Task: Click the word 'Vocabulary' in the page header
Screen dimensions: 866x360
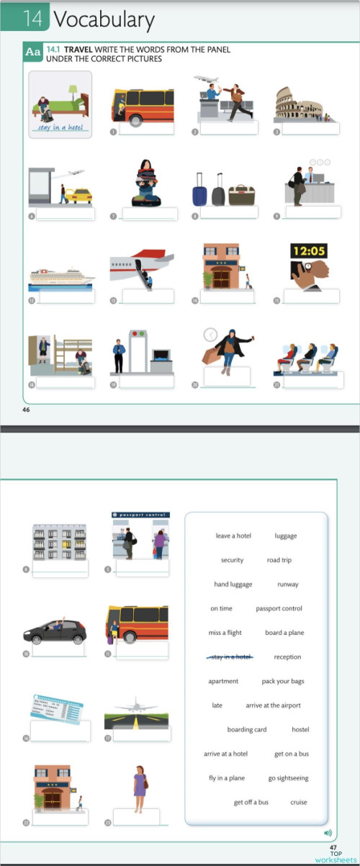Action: pyautogui.click(x=104, y=19)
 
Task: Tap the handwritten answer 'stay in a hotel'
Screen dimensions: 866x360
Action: pyautogui.click(x=60, y=128)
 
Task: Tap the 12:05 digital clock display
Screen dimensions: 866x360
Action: pyautogui.click(x=309, y=251)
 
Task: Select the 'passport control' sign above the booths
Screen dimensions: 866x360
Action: pyautogui.click(x=140, y=515)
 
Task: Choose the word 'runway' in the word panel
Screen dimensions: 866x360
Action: pyautogui.click(x=287, y=585)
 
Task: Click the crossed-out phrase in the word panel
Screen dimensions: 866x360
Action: pyautogui.click(x=228, y=657)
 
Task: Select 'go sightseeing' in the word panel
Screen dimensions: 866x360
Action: pyautogui.click(x=288, y=778)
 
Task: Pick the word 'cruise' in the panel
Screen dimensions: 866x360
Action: pyautogui.click(x=298, y=802)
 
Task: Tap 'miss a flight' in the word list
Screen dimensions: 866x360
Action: pyautogui.click(x=225, y=633)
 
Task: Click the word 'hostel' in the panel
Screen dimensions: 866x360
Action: pyautogui.click(x=300, y=729)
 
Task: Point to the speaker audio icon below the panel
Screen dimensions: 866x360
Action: pyautogui.click(x=328, y=833)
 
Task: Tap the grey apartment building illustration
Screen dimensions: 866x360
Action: pyautogui.click(x=59, y=543)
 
